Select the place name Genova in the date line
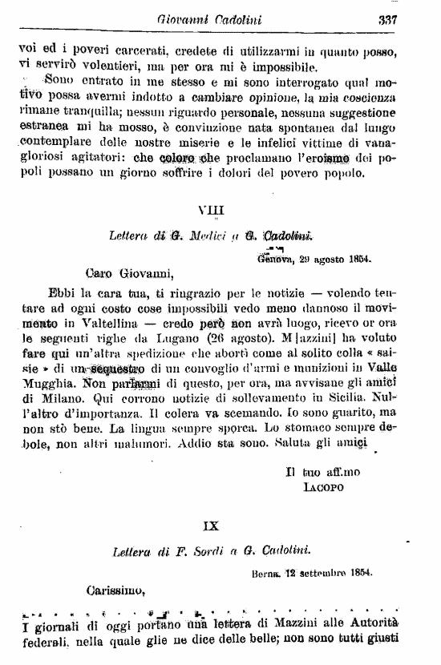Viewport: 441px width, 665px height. click(x=277, y=260)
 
